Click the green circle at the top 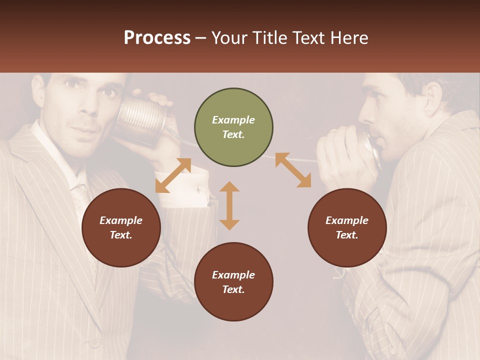coord(233,127)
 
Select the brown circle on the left coord(121,227)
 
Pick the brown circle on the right coord(347,227)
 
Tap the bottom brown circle coord(233,282)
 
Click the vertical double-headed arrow coord(229,205)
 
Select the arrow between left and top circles coord(173,175)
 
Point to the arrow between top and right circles coord(293,170)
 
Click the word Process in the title coord(157,37)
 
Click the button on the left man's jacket coord(93,342)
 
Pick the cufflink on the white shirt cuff coord(198,189)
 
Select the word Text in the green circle coord(233,134)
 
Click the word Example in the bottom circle coord(233,274)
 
